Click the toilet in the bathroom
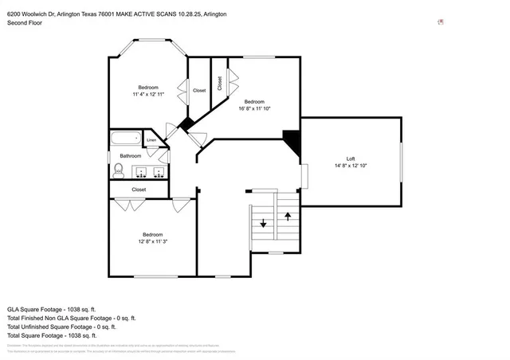click(x=119, y=169)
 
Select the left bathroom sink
click(x=141, y=171)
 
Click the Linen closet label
click(x=151, y=141)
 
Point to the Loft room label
click(x=350, y=158)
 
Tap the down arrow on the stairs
click(x=263, y=224)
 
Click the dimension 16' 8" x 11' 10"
click(x=254, y=108)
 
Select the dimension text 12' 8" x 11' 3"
click(x=152, y=241)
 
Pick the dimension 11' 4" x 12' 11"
click(x=148, y=94)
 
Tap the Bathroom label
click(x=131, y=156)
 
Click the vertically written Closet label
click(x=219, y=84)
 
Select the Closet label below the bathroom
click(x=139, y=190)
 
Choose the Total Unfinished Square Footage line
click(x=61, y=327)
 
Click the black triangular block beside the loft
click(x=293, y=142)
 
